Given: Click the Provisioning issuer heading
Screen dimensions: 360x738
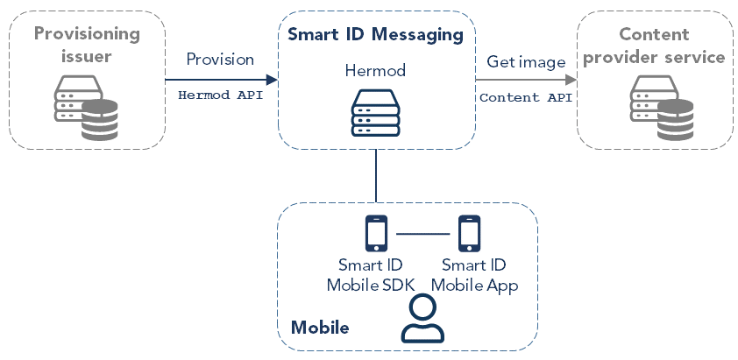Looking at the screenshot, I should click(87, 45).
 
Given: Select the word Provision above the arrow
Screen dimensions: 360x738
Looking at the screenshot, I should click(220, 60).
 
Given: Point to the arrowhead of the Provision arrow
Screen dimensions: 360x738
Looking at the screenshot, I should click(272, 80).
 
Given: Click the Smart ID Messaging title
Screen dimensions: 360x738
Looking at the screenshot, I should click(375, 35).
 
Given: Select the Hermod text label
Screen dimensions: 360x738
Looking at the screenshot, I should click(375, 69).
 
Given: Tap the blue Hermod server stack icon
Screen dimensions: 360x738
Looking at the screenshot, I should click(375, 112).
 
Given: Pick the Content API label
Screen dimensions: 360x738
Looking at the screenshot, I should click(525, 97).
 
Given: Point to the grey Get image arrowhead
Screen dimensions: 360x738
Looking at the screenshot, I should click(570, 80).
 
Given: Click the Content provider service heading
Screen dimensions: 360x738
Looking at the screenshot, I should click(655, 46).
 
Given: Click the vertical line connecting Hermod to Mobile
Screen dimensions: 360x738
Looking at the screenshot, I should click(376, 175).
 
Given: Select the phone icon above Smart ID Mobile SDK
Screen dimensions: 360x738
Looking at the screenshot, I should click(376, 233).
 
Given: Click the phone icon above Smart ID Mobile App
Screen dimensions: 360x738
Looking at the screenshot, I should click(470, 233).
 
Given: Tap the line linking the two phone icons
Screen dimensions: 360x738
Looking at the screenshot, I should click(422, 234).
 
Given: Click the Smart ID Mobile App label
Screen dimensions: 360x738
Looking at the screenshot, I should click(473, 275).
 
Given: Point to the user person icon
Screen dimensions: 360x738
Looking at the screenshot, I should click(422, 318).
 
